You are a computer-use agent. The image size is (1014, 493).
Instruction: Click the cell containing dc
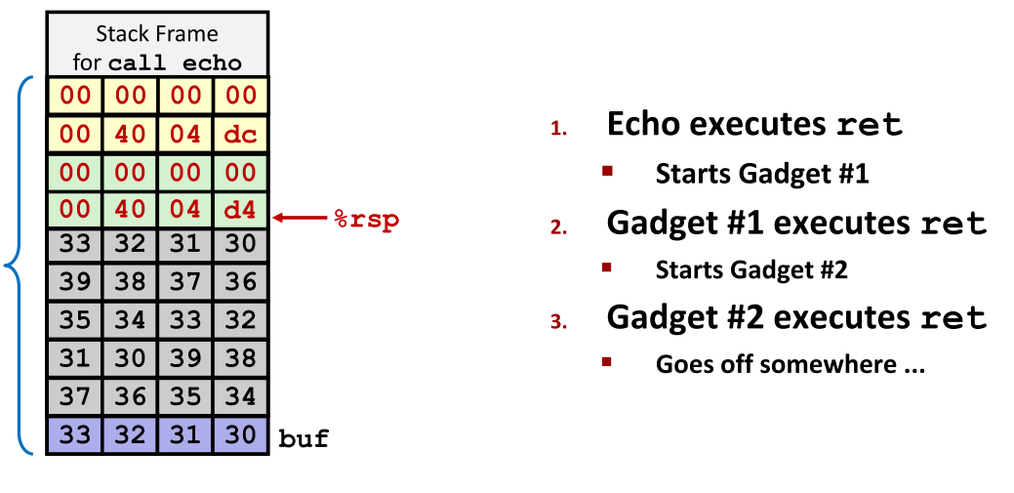pos(240,134)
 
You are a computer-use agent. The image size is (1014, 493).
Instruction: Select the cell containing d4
pos(240,209)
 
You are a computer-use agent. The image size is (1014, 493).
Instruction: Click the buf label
pos(304,438)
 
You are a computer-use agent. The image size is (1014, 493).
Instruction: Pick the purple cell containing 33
pos(74,435)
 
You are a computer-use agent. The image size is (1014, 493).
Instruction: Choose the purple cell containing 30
pos(240,435)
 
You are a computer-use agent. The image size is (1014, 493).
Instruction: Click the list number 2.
pos(557,227)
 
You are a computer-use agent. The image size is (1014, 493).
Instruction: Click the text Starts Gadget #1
pos(761,175)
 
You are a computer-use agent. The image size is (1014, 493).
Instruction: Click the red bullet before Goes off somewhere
pos(607,362)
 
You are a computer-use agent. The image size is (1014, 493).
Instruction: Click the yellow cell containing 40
pos(130,134)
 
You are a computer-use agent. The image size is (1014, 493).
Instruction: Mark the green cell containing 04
pos(184,209)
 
